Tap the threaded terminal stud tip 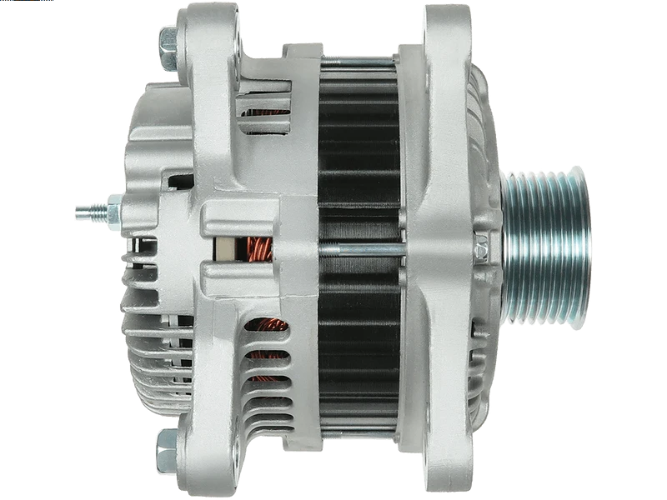80,210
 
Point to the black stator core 359,167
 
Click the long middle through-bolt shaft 359,248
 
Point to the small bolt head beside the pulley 482,245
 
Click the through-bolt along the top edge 359,61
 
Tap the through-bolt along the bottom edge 359,433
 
